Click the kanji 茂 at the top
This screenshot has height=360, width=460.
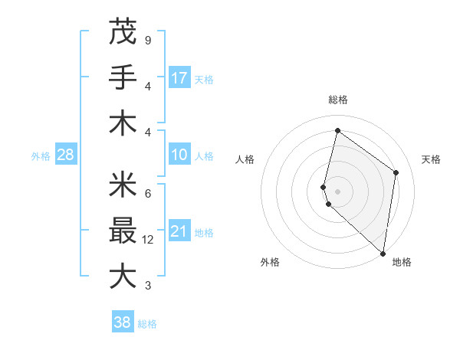pos(123,32)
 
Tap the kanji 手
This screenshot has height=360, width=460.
pos(123,77)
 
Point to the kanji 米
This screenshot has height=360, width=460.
pos(123,185)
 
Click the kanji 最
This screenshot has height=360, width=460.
pos(123,231)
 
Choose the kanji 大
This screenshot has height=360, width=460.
pos(123,277)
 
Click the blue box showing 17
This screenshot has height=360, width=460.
pos(179,78)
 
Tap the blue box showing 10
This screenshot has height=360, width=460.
pos(179,155)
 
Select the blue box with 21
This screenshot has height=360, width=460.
pos(179,232)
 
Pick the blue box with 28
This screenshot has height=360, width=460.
pos(65,155)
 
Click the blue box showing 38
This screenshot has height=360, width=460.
pos(123,322)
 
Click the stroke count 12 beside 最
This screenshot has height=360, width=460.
pos(149,240)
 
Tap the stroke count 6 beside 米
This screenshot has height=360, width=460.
pos(147,193)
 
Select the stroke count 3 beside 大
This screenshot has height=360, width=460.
pos(147,286)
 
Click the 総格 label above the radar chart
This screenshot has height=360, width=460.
pos(338,100)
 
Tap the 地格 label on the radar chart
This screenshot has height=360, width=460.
pos(402,262)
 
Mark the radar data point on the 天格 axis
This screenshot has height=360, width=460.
pos(396,172)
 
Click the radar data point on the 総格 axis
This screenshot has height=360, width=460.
pos(337,131)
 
